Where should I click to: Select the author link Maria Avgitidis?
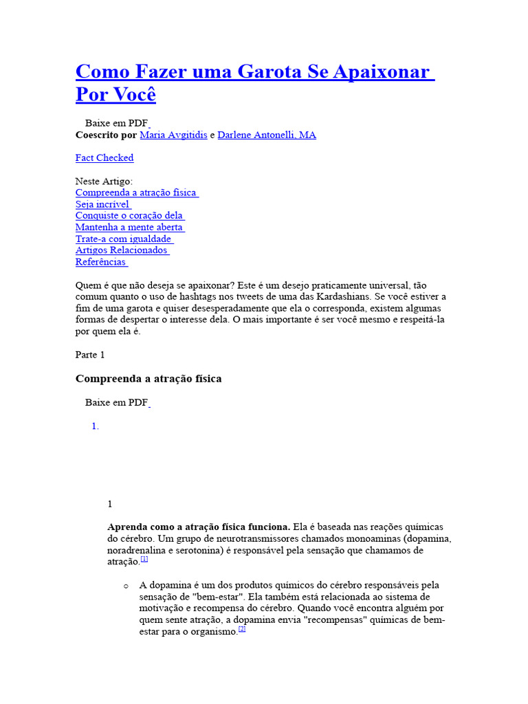pos(173,135)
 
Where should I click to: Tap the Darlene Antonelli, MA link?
pos(267,135)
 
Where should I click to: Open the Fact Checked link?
pos(104,158)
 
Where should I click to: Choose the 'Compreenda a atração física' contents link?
pos(136,193)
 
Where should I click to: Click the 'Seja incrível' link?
pos(102,205)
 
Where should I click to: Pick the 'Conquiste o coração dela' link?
pos(129,216)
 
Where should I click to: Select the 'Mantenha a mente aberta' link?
pos(129,228)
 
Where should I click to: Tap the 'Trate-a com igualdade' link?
pos(124,239)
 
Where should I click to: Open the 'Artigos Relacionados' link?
pos(122,250)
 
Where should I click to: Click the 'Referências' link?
pos(101,262)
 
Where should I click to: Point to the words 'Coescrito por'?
pos(106,135)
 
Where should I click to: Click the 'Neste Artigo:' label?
pos(104,181)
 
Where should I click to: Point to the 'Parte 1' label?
pos(90,355)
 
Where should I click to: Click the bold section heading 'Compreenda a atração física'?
pos(148,379)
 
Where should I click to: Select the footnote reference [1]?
pos(144,560)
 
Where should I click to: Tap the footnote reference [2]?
pos(242,629)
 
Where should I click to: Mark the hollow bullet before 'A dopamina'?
pos(126,586)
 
